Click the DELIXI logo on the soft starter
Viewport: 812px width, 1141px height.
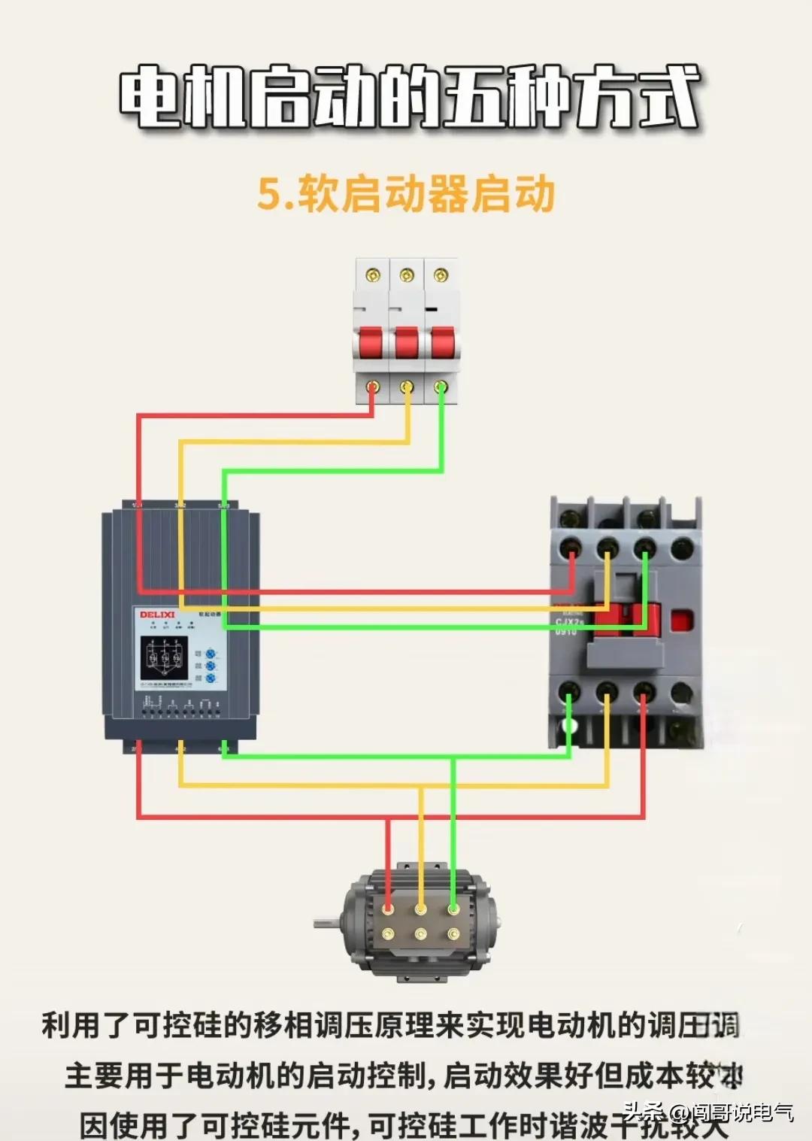click(x=156, y=615)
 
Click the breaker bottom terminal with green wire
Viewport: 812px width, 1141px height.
click(x=441, y=387)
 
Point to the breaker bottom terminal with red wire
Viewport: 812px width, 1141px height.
click(x=371, y=387)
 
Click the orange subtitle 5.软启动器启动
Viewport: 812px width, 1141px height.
click(x=406, y=194)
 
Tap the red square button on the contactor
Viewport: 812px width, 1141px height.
click(x=681, y=621)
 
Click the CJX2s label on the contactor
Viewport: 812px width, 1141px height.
click(x=569, y=622)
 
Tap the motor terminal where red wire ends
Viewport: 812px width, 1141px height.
click(x=388, y=909)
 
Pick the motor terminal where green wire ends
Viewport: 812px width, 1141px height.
click(x=453, y=909)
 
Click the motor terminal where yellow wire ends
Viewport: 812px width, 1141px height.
click(x=420, y=909)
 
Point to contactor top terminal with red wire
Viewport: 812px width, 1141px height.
click(x=571, y=548)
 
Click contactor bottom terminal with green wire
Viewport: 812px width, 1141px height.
click(x=569, y=692)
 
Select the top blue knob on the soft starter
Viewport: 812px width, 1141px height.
click(x=211, y=654)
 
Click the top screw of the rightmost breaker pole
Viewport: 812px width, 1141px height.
click(x=441, y=275)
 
